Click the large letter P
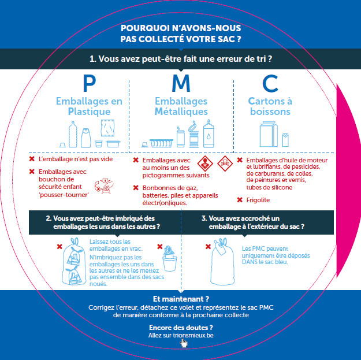[89, 83]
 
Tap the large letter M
[181, 83]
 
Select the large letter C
[270, 83]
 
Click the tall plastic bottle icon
[73, 135]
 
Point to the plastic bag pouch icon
[107, 128]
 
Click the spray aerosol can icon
[209, 133]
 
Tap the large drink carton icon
[269, 134]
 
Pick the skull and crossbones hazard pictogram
[225, 164]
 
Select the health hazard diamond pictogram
[205, 164]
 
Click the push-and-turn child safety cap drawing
[104, 186]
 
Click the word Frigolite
[258, 200]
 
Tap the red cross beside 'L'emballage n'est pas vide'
[32, 159]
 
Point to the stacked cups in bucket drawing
[170, 258]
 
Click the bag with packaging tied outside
[222, 262]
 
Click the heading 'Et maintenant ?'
[181, 299]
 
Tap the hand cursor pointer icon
[184, 343]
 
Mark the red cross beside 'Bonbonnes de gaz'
[136, 188]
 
